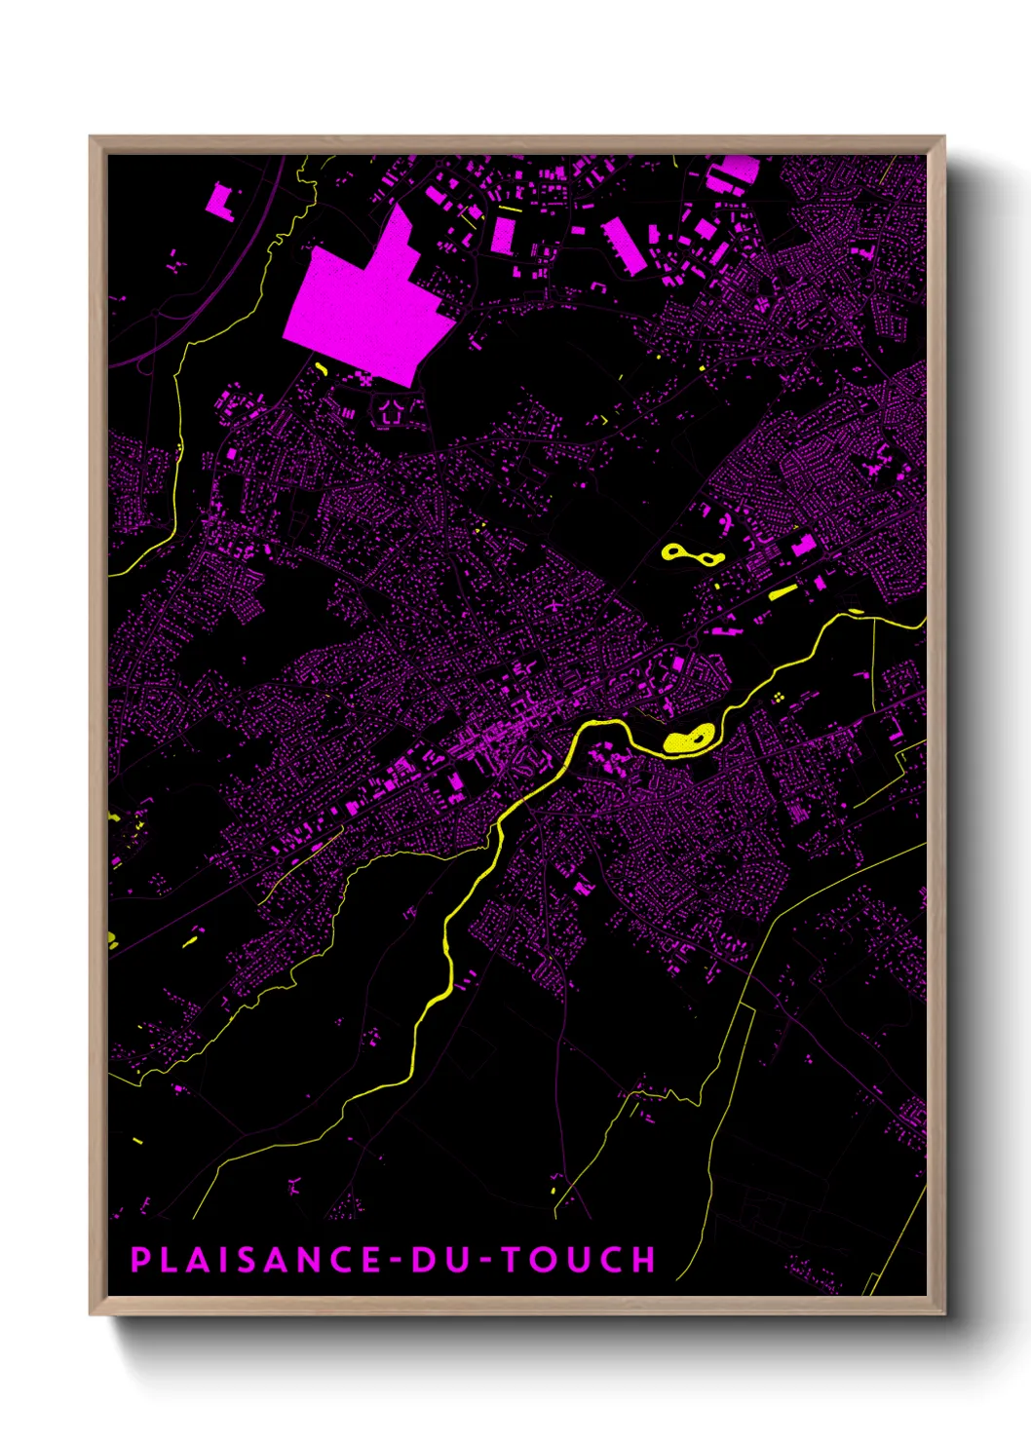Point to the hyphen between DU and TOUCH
tap(486, 1260)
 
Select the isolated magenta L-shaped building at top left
tap(219, 200)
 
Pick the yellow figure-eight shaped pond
tap(692, 555)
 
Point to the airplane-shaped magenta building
tap(554, 605)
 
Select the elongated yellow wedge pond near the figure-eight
tap(783, 591)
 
